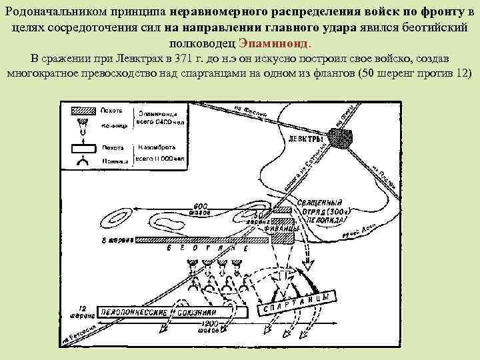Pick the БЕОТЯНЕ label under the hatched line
click(x=200, y=249)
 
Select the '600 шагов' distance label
click(x=200, y=209)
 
